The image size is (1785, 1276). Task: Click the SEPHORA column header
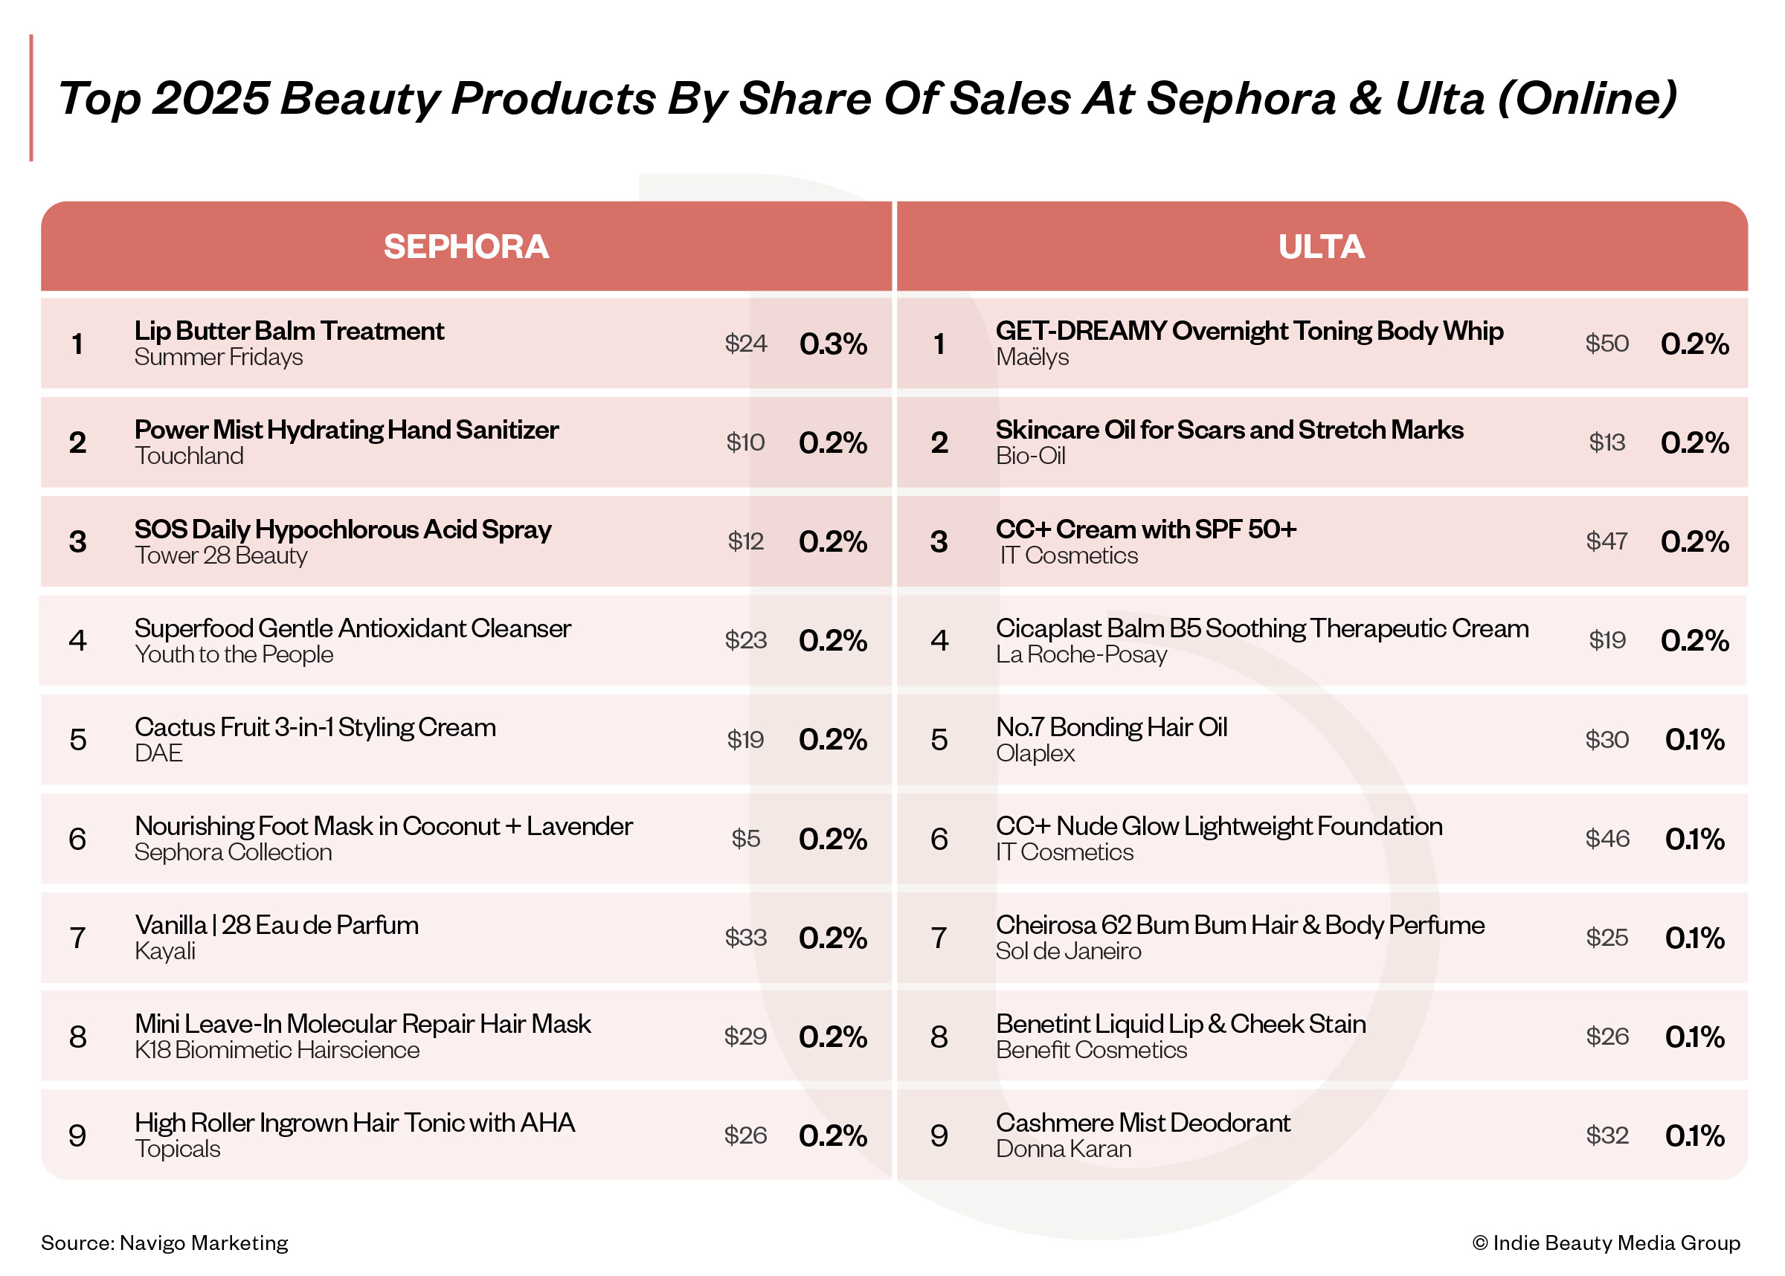(x=465, y=247)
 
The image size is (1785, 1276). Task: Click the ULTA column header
(x=1321, y=247)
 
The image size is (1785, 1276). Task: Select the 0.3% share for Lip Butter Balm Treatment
(x=833, y=344)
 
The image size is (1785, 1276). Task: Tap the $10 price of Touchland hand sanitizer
(x=744, y=442)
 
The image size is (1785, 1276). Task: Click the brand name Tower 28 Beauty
(x=221, y=555)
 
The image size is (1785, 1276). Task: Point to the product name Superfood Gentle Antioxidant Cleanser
(x=352, y=628)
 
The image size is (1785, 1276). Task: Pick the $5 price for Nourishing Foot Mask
(x=744, y=838)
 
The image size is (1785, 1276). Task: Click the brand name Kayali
(x=165, y=952)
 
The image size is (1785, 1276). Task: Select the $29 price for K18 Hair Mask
(x=744, y=1037)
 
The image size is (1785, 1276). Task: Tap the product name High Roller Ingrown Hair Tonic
(x=354, y=1123)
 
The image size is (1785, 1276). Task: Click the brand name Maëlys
(x=1032, y=358)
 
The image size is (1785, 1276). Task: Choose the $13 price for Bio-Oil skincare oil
(x=1606, y=442)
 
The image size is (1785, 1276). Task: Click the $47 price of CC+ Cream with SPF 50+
(x=1606, y=541)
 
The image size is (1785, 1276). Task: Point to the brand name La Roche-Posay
(x=1081, y=654)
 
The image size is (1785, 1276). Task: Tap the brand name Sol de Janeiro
(x=1068, y=952)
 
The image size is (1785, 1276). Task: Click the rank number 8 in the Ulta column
(x=939, y=1037)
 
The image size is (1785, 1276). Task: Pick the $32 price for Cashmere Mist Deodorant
(x=1606, y=1135)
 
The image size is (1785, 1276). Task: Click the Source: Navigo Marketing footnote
(x=164, y=1243)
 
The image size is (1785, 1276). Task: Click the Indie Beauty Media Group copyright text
(x=1606, y=1243)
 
